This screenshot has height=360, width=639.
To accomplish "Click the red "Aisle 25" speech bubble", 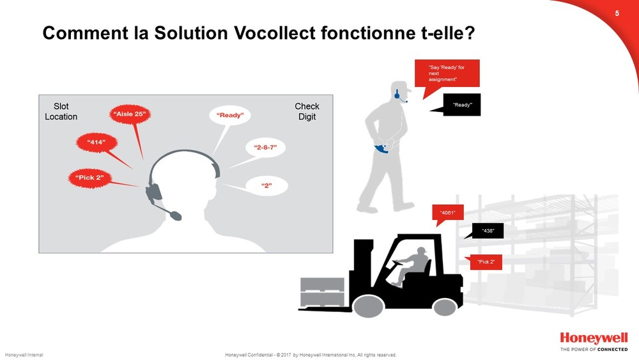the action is (130, 114).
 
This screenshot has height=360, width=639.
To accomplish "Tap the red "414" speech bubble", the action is (96, 143).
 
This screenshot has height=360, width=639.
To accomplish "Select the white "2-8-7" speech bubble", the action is (265, 148).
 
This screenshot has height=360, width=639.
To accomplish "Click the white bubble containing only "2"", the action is (266, 186).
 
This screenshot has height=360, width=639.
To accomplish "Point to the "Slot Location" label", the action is (61, 111).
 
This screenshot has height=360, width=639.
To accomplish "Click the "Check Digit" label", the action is (307, 111).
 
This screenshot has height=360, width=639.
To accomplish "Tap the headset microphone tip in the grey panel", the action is (176, 215).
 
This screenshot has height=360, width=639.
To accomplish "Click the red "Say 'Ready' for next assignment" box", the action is (447, 73).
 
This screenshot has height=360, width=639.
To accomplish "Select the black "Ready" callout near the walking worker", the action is (462, 105).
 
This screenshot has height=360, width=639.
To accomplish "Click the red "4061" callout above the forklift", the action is (447, 212).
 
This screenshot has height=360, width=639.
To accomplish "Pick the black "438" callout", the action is (488, 231).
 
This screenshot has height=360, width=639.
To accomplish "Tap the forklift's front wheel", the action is (369, 306).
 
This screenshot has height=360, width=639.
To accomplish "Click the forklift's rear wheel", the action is (444, 306).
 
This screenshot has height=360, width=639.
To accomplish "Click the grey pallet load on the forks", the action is (322, 292).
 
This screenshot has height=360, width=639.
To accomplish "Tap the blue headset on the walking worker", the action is (397, 95).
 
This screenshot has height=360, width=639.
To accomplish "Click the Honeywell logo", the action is (594, 338).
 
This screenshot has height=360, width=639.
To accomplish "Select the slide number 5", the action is (617, 13).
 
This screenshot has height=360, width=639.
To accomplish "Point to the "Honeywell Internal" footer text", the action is (24, 355).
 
